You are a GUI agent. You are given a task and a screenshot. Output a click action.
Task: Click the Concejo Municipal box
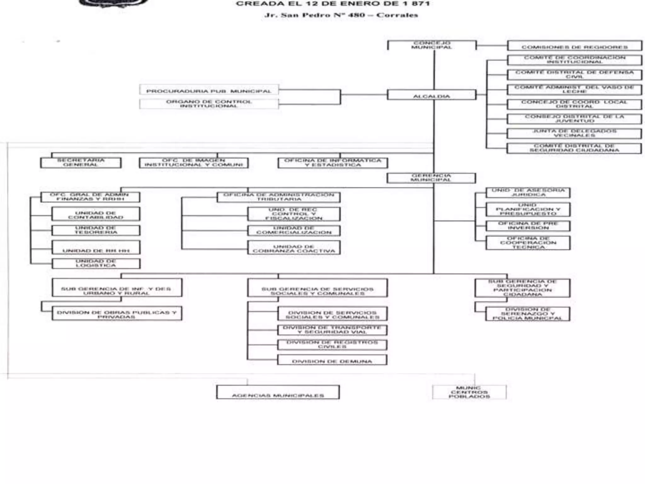[431, 45]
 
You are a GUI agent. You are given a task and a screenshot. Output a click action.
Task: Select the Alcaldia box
[431, 95]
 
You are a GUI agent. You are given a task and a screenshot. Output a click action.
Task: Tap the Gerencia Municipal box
[431, 178]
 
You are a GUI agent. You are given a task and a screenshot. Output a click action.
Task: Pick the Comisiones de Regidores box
[574, 46]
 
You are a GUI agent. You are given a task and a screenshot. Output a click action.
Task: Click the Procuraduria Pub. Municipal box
[209, 90]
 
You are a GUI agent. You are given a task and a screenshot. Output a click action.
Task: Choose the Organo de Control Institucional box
[209, 104]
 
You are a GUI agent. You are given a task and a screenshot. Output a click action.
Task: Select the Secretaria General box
[81, 163]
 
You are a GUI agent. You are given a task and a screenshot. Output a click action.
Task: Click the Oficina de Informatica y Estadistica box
[333, 163]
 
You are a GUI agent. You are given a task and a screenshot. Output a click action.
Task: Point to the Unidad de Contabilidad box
[96, 214]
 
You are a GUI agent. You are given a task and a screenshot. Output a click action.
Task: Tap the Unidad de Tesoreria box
[96, 230]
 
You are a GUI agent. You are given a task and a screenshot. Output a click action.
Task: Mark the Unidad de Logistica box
[96, 263]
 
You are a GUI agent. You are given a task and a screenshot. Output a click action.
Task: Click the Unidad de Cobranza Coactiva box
[294, 248]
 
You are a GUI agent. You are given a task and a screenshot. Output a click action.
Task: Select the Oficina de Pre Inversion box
[528, 226]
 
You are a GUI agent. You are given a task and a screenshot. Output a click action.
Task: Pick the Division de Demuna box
[332, 360]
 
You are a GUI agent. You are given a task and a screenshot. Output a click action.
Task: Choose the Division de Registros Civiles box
[332, 345]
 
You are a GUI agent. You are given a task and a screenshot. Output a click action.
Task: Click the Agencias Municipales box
[278, 392]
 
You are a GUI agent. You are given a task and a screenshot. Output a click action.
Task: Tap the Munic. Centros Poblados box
[469, 392]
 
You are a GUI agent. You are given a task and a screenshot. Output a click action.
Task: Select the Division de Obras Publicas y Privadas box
[117, 314]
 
